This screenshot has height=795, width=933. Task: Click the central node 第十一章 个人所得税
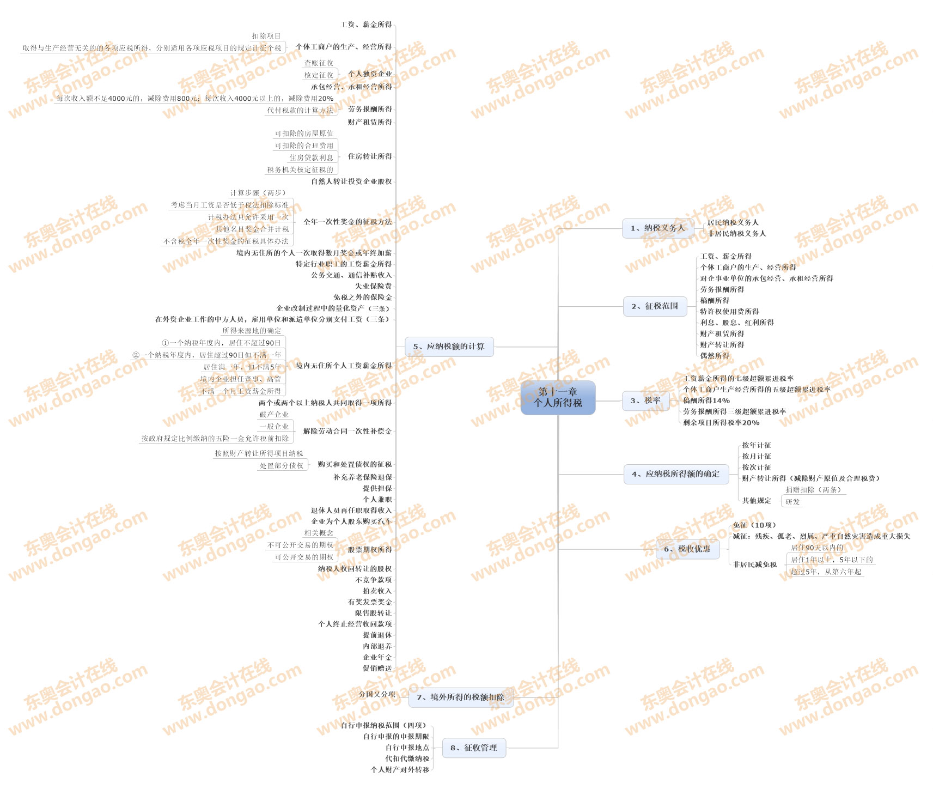click(x=558, y=398)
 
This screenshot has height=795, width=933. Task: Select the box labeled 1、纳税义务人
click(x=658, y=228)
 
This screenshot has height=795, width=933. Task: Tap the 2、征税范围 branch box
click(x=655, y=306)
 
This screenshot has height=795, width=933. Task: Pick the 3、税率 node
click(x=645, y=400)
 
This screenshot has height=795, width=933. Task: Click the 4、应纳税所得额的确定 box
click(x=675, y=474)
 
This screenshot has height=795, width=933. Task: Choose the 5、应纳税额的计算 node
click(x=449, y=347)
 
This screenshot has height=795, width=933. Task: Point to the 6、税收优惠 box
click(x=687, y=549)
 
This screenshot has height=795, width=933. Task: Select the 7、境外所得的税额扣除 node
click(x=461, y=697)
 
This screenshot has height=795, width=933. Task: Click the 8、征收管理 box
click(x=474, y=748)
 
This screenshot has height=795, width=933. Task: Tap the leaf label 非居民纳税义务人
click(x=737, y=234)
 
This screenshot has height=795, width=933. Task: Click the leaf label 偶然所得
click(x=715, y=356)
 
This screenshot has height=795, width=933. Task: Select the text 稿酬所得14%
click(x=706, y=400)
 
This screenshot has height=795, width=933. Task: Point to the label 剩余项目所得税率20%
click(x=721, y=423)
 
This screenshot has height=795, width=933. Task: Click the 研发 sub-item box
click(x=792, y=502)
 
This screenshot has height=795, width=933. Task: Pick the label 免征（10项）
click(x=754, y=525)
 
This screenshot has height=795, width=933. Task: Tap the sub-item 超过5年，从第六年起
click(x=826, y=572)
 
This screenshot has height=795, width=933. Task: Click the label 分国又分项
click(x=377, y=694)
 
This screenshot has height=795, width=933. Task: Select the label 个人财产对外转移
click(x=400, y=770)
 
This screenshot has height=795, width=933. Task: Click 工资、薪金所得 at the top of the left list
click(x=366, y=25)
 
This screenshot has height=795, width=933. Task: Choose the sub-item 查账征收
click(x=319, y=63)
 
